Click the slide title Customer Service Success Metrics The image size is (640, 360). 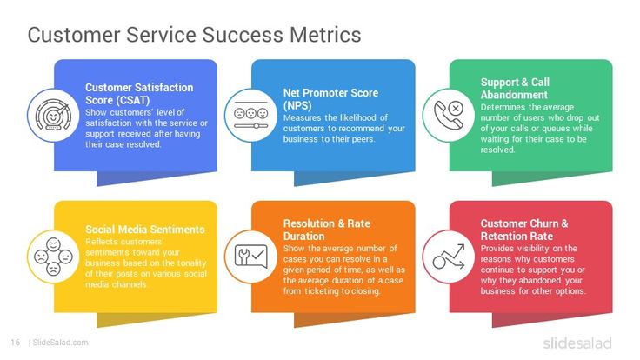194,35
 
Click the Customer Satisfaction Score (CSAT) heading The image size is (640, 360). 138,93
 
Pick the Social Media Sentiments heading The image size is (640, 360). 144,230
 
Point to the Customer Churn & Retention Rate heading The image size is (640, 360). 524,230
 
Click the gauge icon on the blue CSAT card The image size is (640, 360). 50,115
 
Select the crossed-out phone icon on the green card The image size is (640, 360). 446,115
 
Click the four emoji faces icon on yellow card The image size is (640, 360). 50,256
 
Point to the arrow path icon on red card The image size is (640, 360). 446,256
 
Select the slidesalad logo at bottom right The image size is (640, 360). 577,342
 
